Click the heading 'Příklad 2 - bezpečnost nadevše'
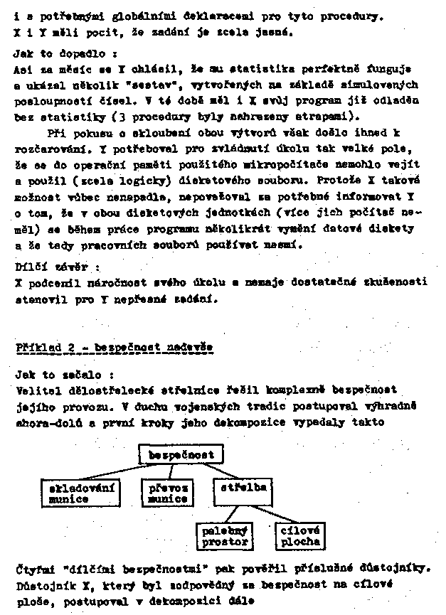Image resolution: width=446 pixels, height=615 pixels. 112,348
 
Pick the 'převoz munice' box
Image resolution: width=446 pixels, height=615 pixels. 168,493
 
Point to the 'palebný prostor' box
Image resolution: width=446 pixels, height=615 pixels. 224,536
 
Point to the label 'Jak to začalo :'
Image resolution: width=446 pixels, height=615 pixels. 53,373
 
